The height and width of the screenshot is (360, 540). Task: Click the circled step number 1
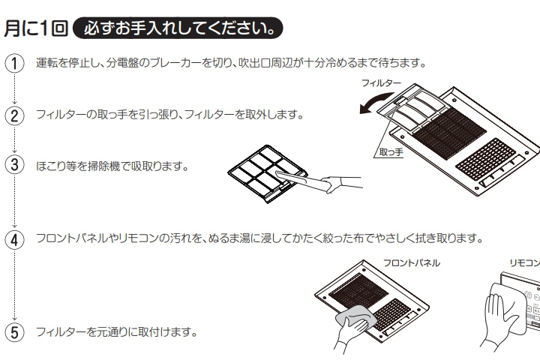(13, 63)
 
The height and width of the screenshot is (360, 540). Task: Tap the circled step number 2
(13, 115)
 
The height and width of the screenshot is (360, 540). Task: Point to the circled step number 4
(13, 238)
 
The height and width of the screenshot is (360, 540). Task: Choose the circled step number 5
(13, 331)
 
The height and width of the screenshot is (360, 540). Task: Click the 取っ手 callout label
(391, 152)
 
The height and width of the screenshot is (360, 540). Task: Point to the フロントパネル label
(411, 262)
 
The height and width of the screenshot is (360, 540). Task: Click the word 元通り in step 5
(105, 331)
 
